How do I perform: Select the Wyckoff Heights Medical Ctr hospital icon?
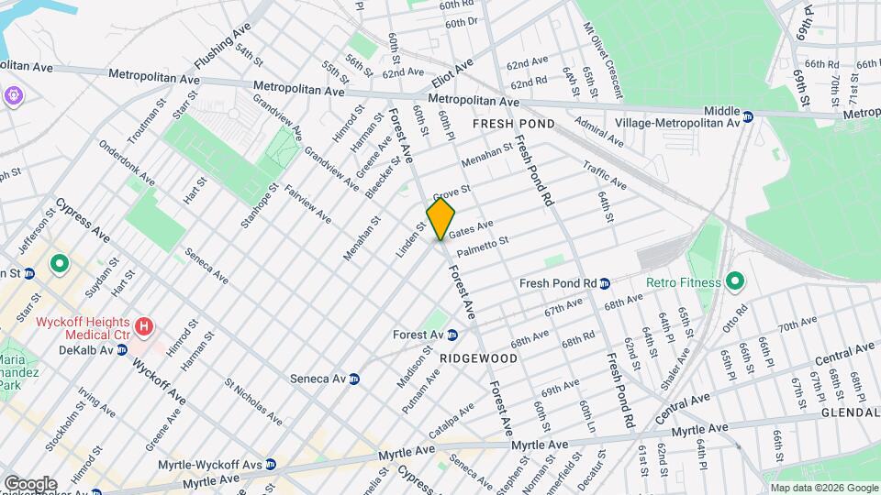(143, 326)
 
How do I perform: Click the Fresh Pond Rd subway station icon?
(606, 283)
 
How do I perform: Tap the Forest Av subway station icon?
(452, 335)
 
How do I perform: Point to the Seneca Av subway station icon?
(353, 379)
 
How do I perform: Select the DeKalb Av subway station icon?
(121, 349)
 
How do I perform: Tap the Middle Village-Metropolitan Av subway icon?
(748, 116)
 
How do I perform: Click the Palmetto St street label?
(483, 245)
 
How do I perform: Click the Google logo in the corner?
(30, 483)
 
